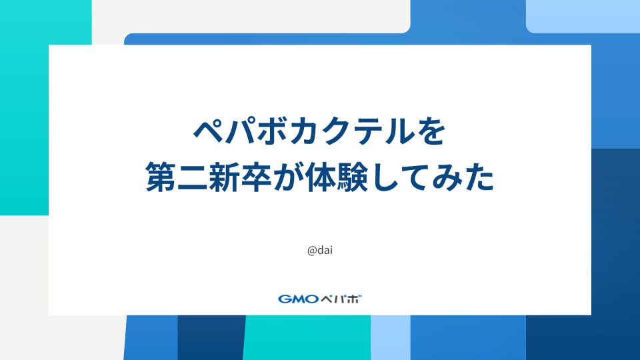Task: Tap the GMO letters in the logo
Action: pyautogui.click(x=298, y=299)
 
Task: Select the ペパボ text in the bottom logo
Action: pyautogui.click(x=341, y=299)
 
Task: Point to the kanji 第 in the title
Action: pyautogui.click(x=162, y=178)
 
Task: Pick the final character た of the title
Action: pyautogui.click(x=478, y=178)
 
